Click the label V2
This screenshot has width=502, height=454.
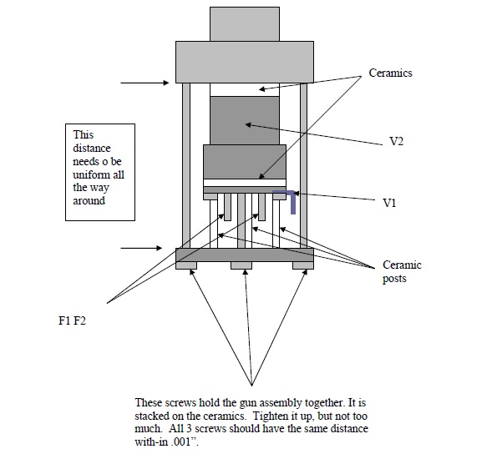(x=397, y=142)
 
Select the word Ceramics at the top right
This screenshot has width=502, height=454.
(x=390, y=73)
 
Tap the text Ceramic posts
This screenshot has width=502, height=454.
(x=401, y=271)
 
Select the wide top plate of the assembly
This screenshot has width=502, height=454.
(x=243, y=61)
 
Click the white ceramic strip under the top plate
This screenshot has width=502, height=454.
(x=244, y=89)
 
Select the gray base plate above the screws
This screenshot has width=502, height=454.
(x=244, y=255)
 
